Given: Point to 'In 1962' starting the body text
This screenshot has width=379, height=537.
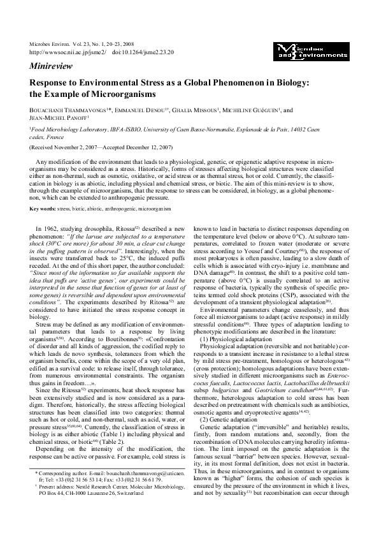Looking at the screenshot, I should (x=47, y=228).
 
